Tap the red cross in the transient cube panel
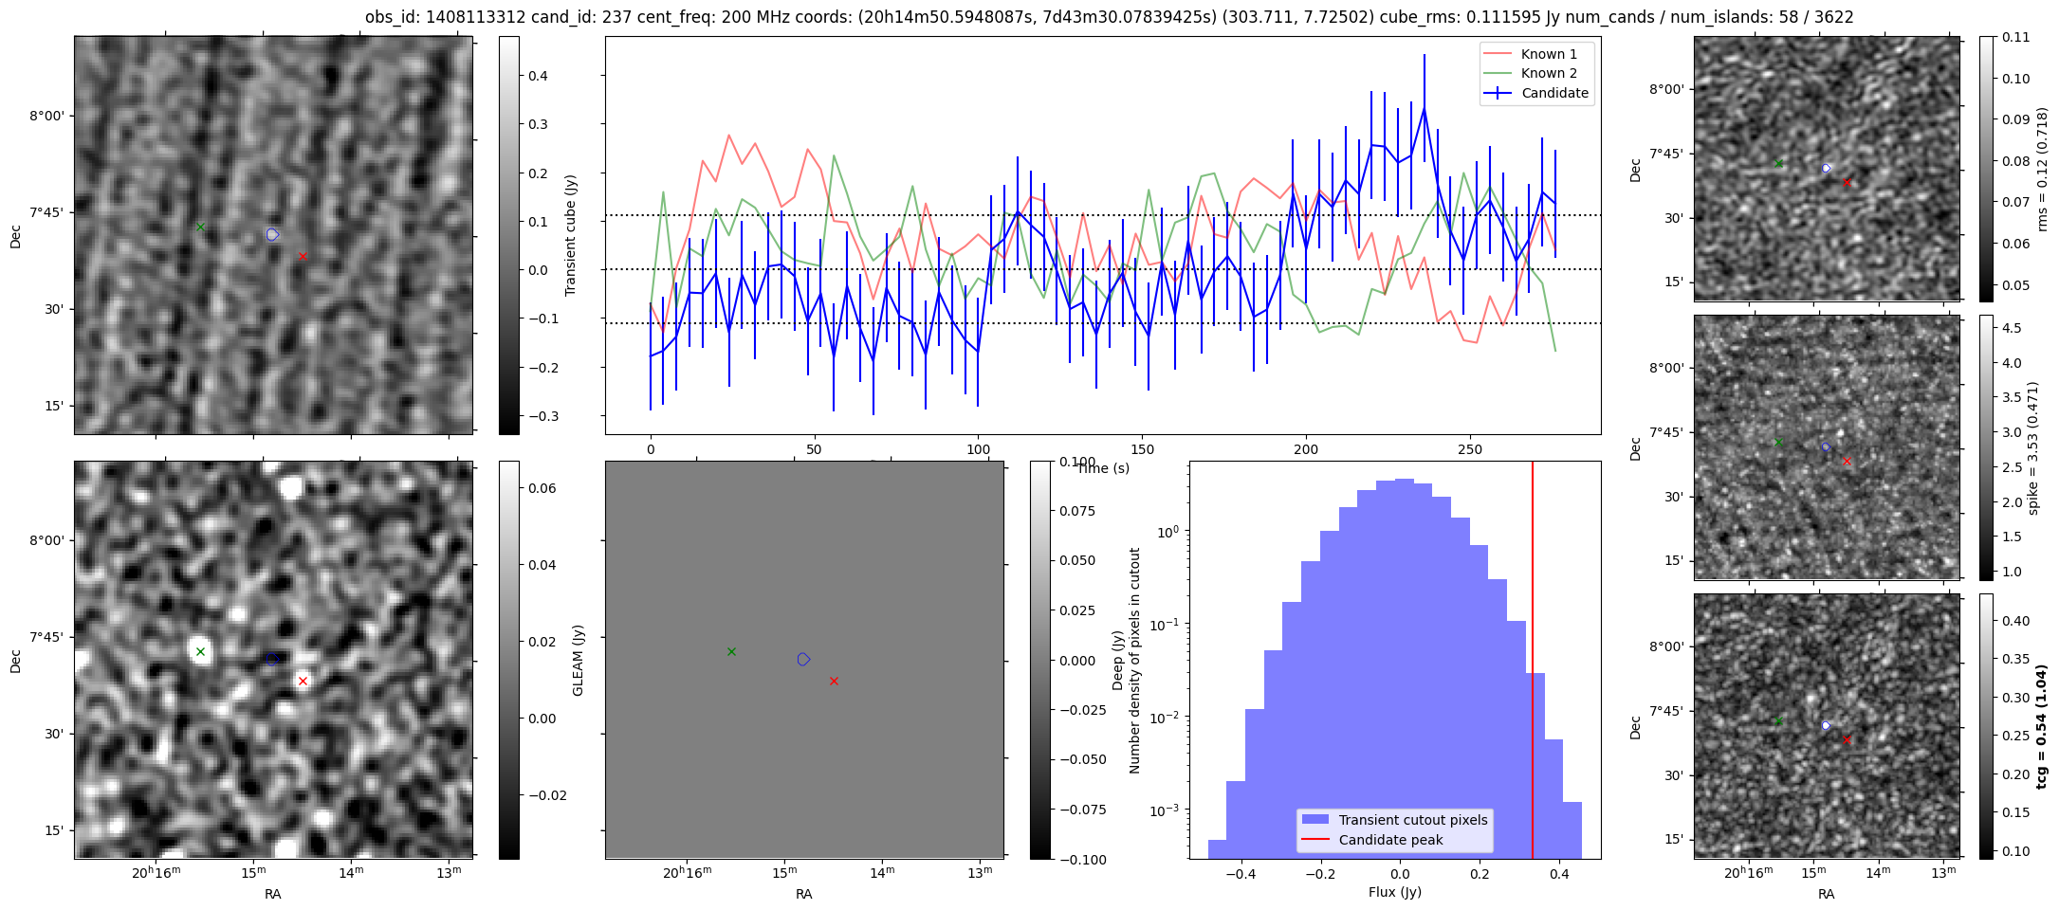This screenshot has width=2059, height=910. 303,256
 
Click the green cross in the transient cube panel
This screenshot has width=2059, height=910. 200,227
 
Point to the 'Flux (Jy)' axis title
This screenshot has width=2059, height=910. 1394,892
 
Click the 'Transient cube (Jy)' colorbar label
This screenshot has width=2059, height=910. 571,235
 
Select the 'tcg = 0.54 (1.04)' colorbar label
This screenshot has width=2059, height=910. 2043,726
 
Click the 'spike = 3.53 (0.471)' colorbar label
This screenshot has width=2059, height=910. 2032,447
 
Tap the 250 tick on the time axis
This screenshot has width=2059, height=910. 1469,449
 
